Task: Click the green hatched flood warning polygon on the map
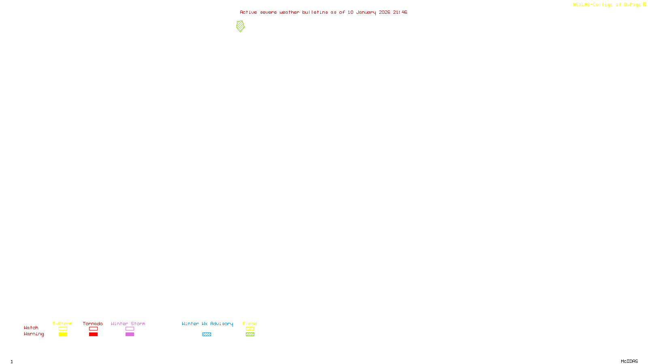coord(240,26)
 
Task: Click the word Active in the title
coord(248,12)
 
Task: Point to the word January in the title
coord(366,12)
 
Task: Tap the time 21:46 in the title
coord(400,12)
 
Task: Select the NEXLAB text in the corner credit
coord(581,4)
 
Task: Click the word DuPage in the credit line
coord(632,4)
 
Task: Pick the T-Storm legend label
coord(62,324)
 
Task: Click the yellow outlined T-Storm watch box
coord(63,329)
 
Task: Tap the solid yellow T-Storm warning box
coord(63,334)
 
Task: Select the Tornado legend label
coord(93,324)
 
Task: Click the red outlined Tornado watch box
coord(93,329)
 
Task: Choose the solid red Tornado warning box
coord(93,334)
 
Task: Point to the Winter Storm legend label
coord(128,324)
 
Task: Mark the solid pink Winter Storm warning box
coord(130,334)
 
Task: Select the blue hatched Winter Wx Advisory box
coord(207,334)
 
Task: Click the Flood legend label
coord(250,324)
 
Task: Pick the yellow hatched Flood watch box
coord(250,329)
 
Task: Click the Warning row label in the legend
coord(34,334)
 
